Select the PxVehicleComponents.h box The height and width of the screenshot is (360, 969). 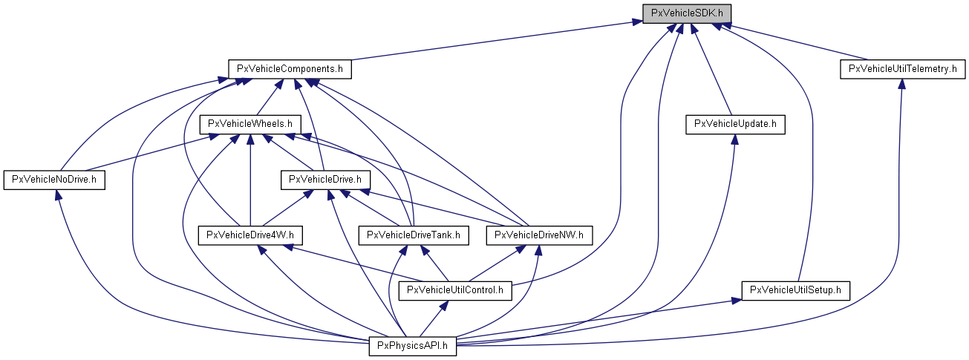pos(290,69)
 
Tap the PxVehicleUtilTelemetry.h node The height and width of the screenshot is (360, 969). pos(902,69)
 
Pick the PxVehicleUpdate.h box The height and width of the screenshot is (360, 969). pos(735,124)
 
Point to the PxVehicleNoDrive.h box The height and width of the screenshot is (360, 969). pos(55,179)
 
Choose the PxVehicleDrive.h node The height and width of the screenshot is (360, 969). pos(324,179)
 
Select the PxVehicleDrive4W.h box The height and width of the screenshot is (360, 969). pos(250,235)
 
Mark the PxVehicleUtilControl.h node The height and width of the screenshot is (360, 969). pos(455,290)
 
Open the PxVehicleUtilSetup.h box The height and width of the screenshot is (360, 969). pos(795,290)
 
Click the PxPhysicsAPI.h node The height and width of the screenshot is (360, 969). pos(413,345)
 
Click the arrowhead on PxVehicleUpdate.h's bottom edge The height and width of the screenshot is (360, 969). pos(734,139)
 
